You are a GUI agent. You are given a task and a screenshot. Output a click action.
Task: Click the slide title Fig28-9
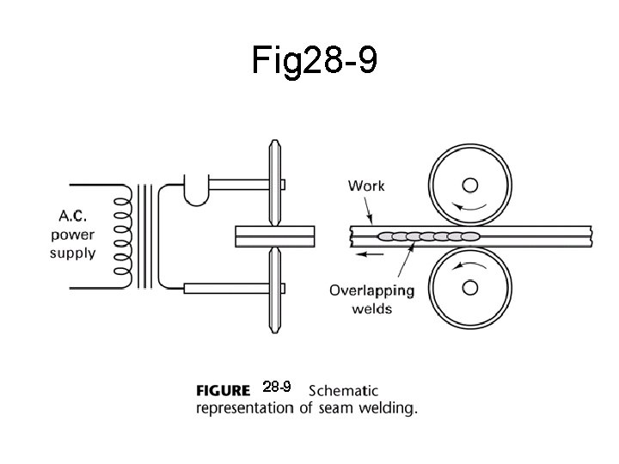(x=315, y=59)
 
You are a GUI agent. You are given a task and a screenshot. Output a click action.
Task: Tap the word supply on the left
(x=72, y=253)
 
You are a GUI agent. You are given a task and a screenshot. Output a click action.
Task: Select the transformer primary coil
(x=123, y=234)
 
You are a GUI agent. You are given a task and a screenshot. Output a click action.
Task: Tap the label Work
(x=366, y=186)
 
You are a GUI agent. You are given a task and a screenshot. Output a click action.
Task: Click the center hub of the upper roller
(x=470, y=185)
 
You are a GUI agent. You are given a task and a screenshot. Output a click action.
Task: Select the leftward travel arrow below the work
(x=371, y=254)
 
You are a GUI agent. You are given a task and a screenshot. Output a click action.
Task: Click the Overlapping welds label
(x=371, y=299)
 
